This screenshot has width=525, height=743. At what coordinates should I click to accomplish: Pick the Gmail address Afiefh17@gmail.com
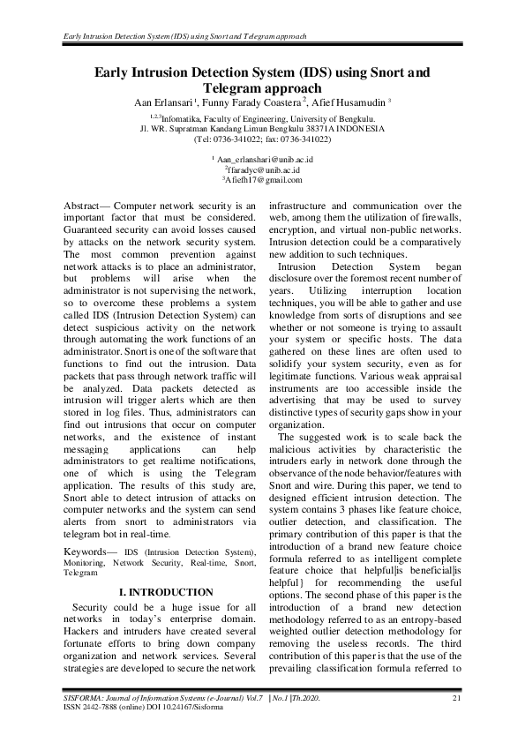[x=262, y=179]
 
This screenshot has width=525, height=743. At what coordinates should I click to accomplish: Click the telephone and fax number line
[x=262, y=139]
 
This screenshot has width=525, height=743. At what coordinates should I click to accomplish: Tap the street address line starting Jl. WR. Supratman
[x=262, y=128]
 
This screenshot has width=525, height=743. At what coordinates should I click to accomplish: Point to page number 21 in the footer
[x=457, y=699]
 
